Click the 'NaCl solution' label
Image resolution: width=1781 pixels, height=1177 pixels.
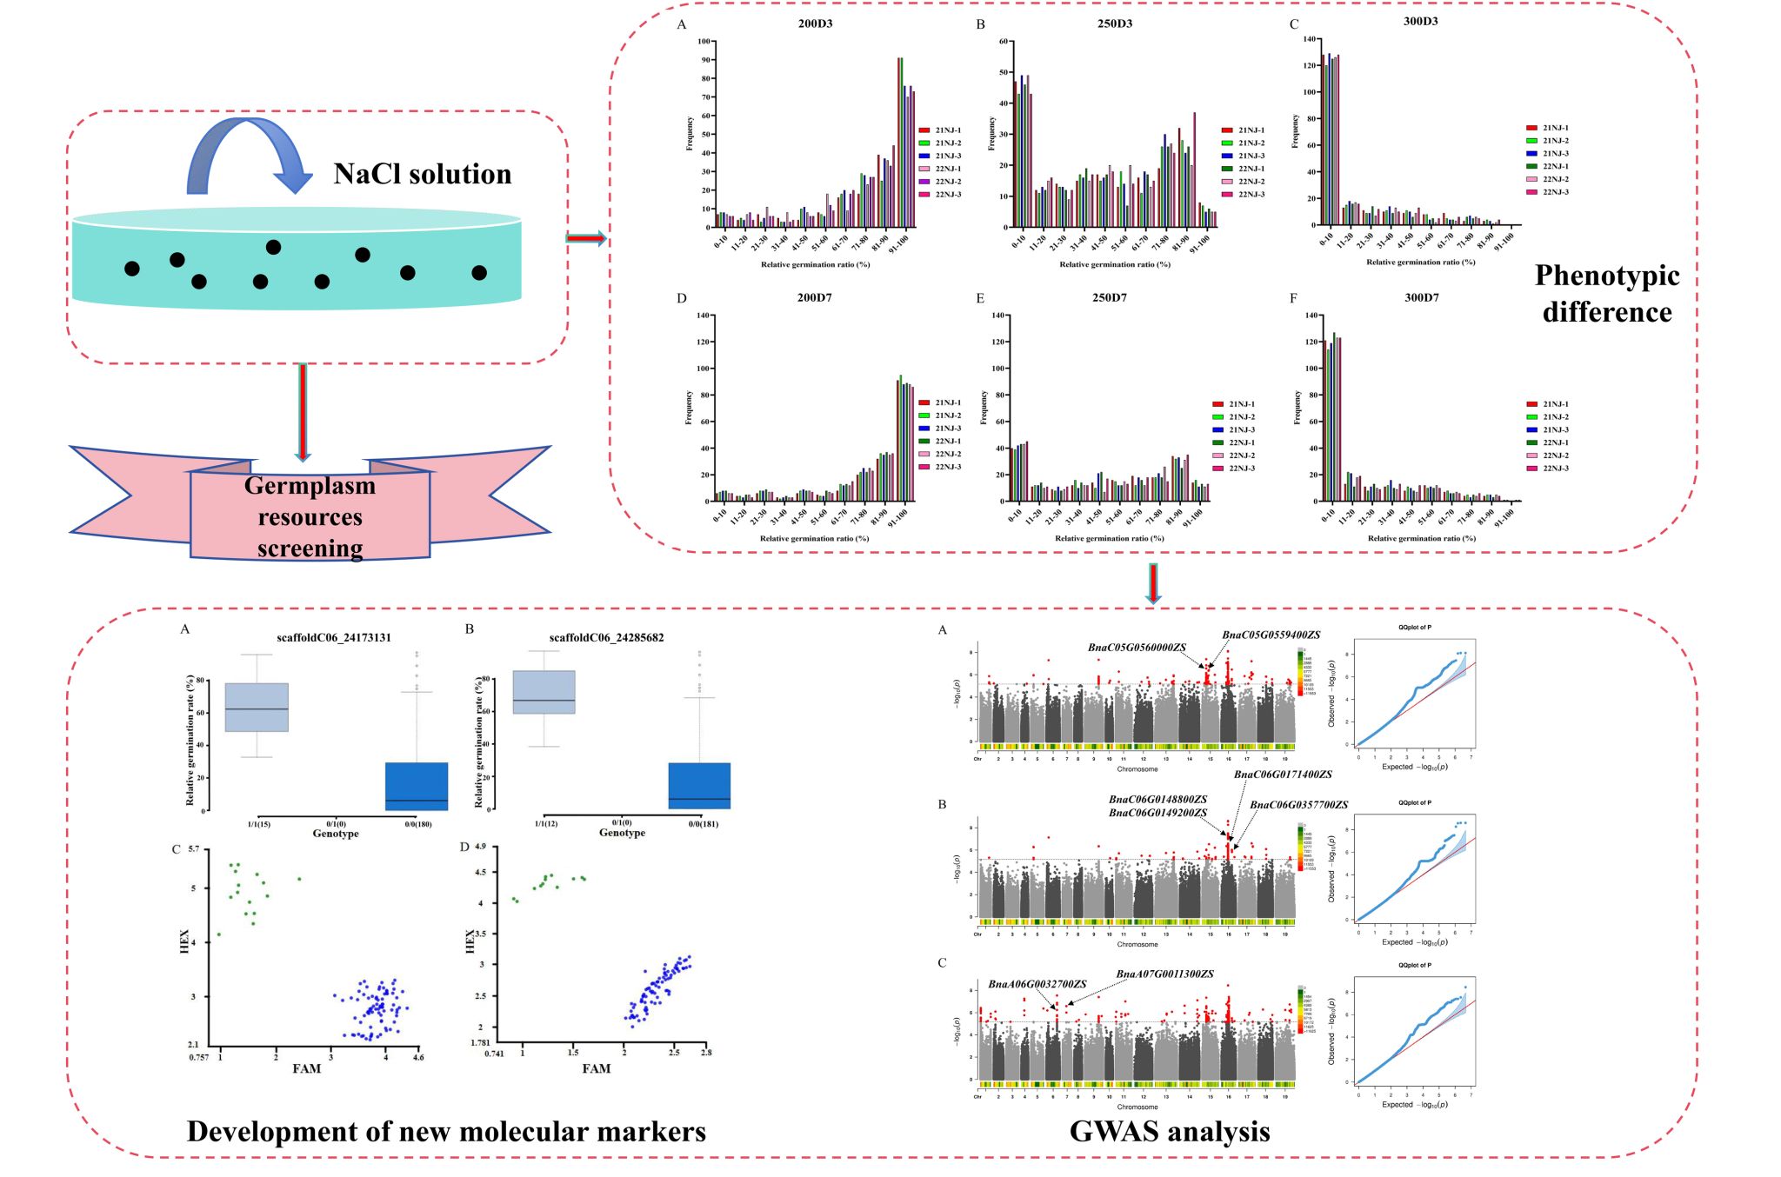point(423,174)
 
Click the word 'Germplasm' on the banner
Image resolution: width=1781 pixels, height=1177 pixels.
point(310,485)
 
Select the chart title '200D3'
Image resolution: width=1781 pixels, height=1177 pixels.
point(815,23)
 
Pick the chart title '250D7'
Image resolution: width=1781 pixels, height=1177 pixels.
point(1110,298)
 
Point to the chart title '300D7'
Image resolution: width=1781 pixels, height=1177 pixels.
point(1422,298)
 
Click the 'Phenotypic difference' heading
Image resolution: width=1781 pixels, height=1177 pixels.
point(1607,293)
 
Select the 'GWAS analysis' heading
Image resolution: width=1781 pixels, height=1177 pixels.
point(1170,1131)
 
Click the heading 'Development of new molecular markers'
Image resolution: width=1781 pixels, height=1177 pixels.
point(446,1131)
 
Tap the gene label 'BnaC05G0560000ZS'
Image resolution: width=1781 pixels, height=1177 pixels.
point(1137,648)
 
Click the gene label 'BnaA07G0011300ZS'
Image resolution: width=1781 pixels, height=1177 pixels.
point(1164,974)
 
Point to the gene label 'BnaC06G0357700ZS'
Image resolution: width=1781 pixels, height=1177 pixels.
point(1299,805)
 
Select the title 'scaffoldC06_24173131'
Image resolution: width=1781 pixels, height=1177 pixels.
point(334,638)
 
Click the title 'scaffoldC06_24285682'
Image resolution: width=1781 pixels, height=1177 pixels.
point(606,638)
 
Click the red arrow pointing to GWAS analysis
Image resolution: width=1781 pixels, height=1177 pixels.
point(1153,583)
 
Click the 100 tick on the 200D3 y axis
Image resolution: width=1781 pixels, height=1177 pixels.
point(704,42)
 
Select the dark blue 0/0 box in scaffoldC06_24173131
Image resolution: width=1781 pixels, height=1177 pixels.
point(417,787)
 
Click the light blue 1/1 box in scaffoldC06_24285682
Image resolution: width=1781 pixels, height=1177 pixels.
point(544,692)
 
